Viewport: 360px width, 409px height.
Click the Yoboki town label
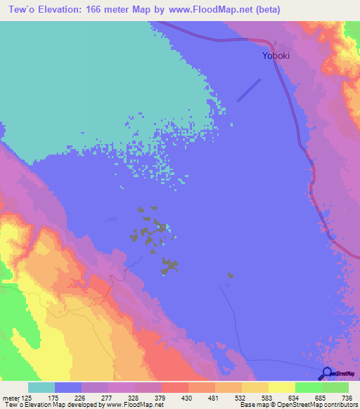tap(276, 56)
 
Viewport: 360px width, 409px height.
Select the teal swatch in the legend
tap(41, 387)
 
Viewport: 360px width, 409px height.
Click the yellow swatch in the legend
tap(281, 387)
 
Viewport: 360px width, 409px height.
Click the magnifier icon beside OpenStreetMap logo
tap(327, 373)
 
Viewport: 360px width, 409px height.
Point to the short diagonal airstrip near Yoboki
tap(249, 89)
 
